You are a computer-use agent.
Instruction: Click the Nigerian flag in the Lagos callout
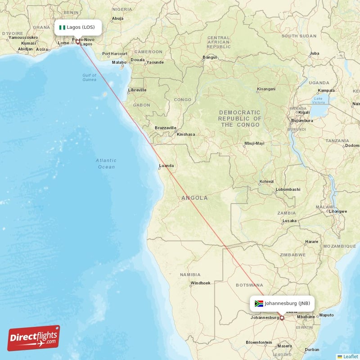tap(62, 27)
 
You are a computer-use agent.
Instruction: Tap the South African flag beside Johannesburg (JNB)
tap(259, 303)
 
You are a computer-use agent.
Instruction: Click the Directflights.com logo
tap(34, 338)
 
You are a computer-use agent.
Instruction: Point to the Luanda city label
tap(166, 166)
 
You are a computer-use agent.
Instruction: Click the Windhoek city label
tap(200, 283)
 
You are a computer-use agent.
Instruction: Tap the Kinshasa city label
tap(186, 134)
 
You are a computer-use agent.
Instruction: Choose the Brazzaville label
tap(166, 128)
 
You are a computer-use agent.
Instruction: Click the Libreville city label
tap(137, 90)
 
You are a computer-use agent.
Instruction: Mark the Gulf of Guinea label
tap(89, 77)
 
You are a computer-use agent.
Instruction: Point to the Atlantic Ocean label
tap(106, 163)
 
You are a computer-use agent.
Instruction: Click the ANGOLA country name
tap(194, 198)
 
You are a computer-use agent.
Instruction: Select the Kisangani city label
tap(266, 89)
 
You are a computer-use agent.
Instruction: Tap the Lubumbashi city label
tap(288, 189)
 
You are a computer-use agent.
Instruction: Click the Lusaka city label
tap(289, 221)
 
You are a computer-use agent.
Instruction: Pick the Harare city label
tap(312, 242)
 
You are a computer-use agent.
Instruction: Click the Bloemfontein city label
tap(259, 342)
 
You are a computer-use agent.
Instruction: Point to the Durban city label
tap(312, 350)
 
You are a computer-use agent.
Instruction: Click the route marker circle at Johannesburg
tap(282, 318)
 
